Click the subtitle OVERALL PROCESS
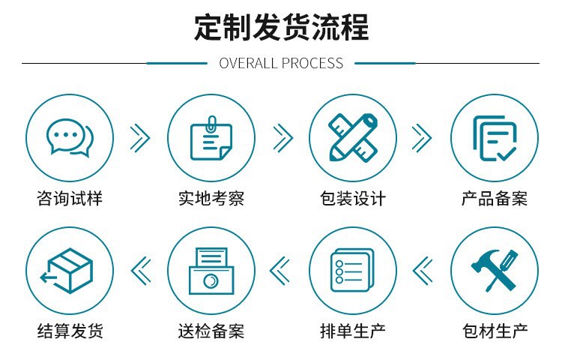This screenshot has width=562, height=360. coord(281,64)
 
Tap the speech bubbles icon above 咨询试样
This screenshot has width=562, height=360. coord(70,137)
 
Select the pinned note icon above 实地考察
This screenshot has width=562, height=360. coord(211,137)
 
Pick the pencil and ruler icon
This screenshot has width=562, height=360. coord(352,137)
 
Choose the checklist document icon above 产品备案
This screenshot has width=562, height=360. coord(494,137)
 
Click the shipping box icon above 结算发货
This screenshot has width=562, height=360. coord(70,271)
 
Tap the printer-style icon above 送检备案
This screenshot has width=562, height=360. coord(211,271)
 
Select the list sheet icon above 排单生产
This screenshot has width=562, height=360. coord(352,271)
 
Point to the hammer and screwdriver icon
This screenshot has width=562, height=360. coord(494,271)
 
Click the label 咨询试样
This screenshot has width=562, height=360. coord(70,199)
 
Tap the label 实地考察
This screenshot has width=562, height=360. coord(211,199)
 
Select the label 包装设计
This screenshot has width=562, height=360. coord(352,199)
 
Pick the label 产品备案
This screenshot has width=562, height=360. coord(494,199)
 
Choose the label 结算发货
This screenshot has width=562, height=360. coord(70,331)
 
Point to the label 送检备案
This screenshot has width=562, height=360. coord(211,331)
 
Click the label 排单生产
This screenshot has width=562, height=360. coord(352,331)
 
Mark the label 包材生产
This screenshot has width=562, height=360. coord(494,331)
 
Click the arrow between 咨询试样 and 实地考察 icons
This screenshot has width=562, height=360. coord(140,137)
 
